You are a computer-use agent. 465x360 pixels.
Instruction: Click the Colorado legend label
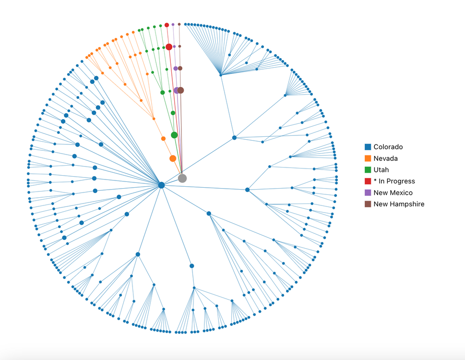(388, 147)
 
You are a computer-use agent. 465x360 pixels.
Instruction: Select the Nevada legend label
(385, 158)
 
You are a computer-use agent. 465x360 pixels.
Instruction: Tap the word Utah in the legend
(381, 169)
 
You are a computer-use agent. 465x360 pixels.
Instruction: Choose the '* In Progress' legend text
(394, 181)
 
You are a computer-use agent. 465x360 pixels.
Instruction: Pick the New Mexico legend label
(393, 192)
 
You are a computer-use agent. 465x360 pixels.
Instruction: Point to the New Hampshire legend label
(399, 204)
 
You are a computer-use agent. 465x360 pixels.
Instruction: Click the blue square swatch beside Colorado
(368, 147)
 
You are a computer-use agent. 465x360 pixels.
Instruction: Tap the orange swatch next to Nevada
(368, 158)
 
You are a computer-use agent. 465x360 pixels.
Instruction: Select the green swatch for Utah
(368, 169)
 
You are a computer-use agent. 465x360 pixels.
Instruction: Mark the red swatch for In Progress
(368, 181)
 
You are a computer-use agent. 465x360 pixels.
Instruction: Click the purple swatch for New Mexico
(368, 192)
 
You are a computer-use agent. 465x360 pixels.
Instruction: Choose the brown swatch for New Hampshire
(368, 204)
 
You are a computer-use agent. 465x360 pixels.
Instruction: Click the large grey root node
(182, 179)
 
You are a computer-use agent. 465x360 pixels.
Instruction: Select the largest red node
(169, 47)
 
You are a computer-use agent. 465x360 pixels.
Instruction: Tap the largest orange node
(173, 158)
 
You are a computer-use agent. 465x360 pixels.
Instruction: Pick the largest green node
(174, 135)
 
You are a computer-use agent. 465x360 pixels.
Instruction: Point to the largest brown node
(181, 90)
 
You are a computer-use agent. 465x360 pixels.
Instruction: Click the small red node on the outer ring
(167, 25)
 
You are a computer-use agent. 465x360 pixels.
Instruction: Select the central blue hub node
(161, 185)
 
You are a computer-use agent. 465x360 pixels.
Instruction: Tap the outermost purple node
(173, 24)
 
